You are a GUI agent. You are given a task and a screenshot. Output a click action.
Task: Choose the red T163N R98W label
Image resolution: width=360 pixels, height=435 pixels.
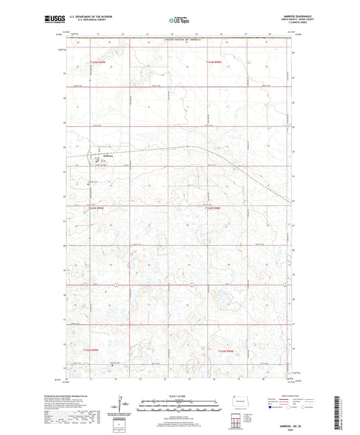click(215, 209)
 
